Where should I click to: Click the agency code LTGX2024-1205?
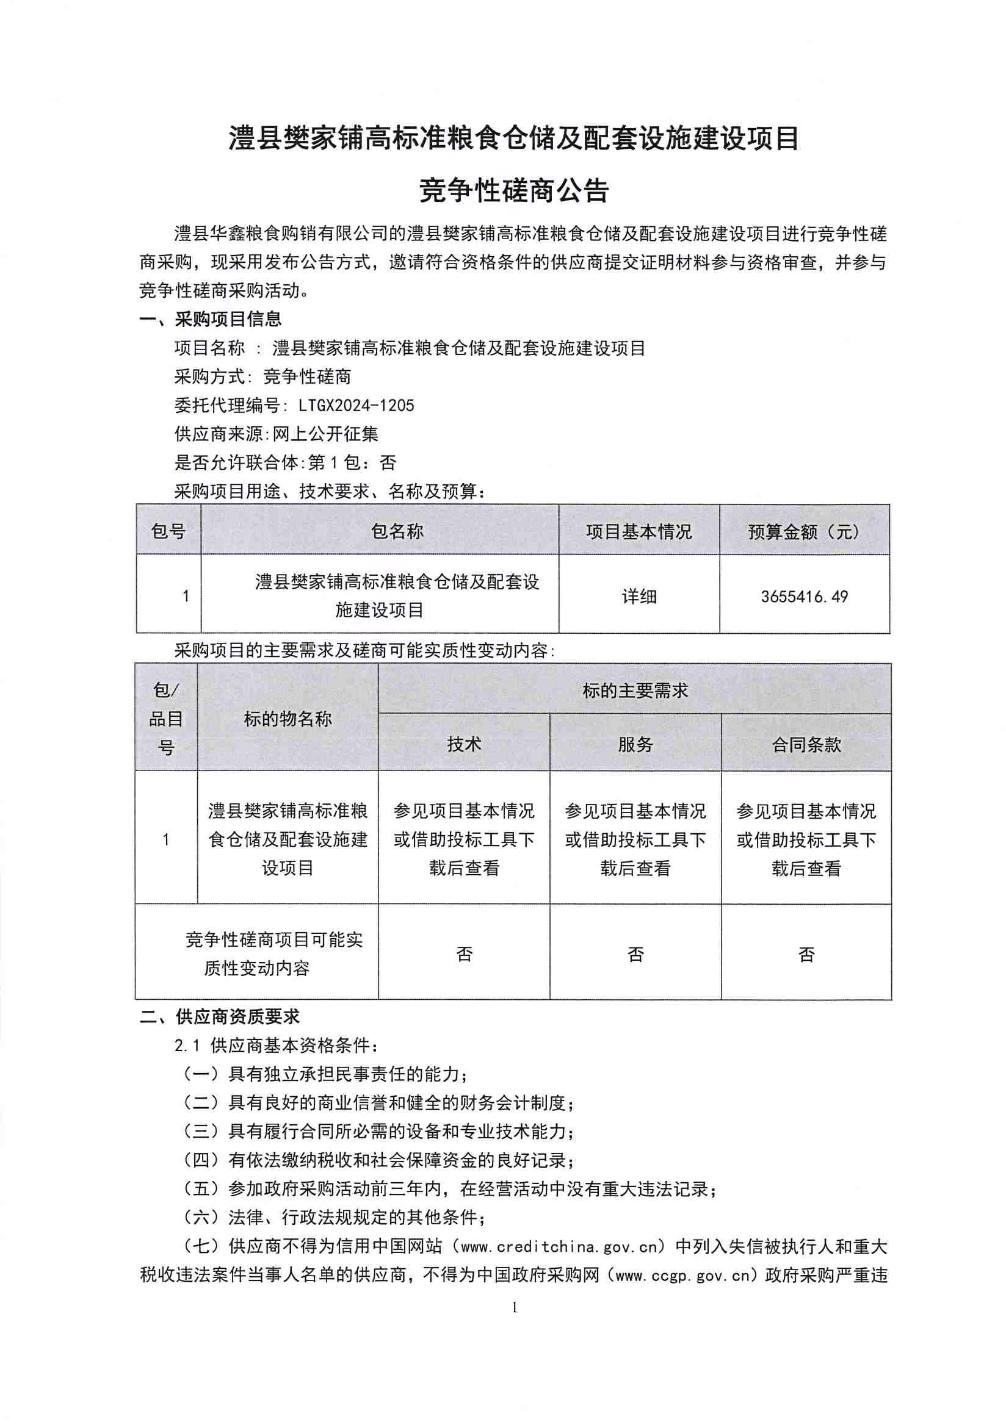coord(356,405)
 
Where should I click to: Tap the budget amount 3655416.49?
coord(804,597)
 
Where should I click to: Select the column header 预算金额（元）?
coord(804,532)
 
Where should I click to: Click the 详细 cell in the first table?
coord(639,597)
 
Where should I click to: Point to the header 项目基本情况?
coord(639,532)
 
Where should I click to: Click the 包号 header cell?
coord(168,531)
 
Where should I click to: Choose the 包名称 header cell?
coord(397,531)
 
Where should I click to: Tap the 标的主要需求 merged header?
coord(635,690)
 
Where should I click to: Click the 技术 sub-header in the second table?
coord(464,744)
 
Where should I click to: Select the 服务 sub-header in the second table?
coord(635,744)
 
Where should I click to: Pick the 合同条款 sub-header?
coord(806,744)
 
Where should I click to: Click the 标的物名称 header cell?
coord(288,719)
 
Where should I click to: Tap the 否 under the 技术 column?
coord(464,954)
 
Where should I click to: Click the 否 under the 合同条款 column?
coord(806,954)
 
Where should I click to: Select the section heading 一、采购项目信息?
coord(211,319)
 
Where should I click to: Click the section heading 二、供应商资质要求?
coord(219,1017)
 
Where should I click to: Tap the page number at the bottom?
coord(514,1308)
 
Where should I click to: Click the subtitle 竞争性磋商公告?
coord(513,190)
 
